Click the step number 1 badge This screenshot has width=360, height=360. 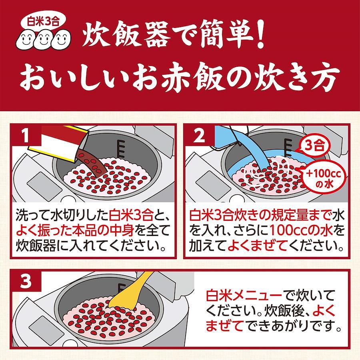(x=26, y=136)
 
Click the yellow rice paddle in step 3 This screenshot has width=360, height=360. (x=128, y=290)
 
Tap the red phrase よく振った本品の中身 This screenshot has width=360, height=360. (x=75, y=231)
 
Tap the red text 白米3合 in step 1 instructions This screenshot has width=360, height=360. (x=131, y=216)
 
